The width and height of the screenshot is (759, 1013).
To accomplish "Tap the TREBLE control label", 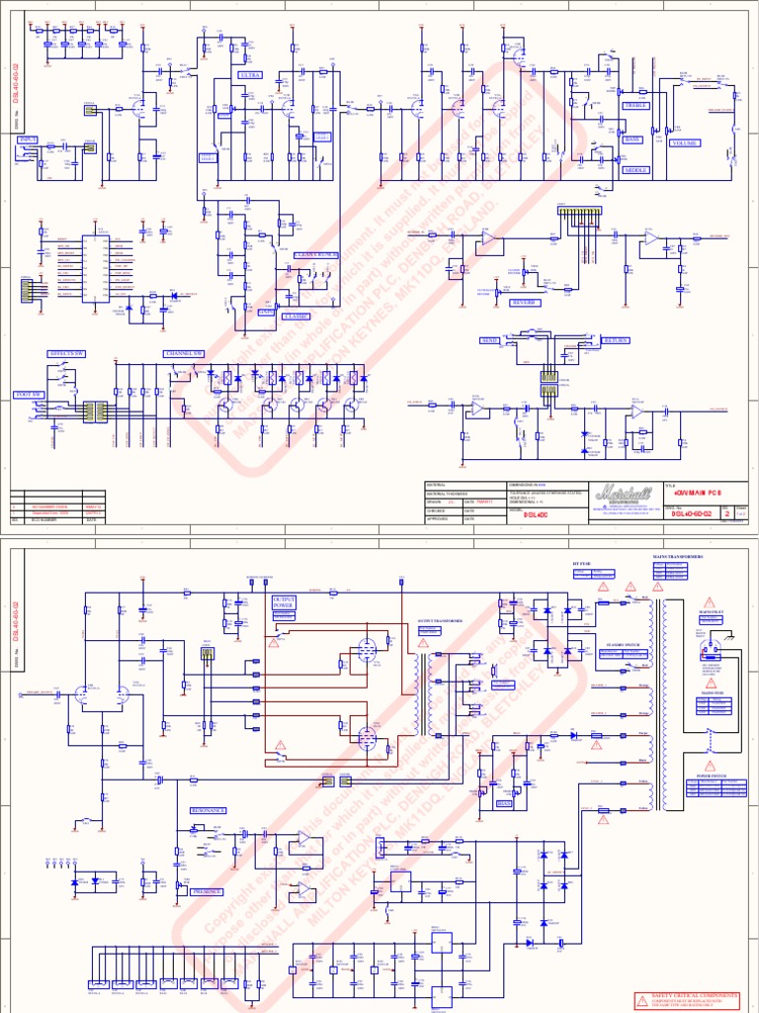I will point(633,105).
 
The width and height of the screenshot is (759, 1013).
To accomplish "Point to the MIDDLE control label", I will point(634,170).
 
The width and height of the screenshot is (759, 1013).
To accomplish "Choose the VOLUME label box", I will point(685,143).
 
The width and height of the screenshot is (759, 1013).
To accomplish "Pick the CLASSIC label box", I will point(295,317).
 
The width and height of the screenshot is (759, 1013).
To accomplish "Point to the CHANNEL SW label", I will point(185,353).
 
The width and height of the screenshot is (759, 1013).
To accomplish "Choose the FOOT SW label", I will point(30,395).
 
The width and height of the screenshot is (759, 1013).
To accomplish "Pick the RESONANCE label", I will point(208,810).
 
